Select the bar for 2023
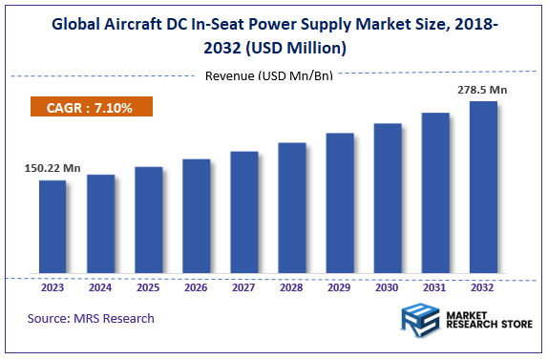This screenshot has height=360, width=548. click(x=53, y=227)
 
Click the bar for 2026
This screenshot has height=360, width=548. click(x=196, y=217)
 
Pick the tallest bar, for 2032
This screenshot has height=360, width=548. click(x=483, y=188)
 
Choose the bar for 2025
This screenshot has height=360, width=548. click(x=148, y=221)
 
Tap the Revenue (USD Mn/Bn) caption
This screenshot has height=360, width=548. click(x=268, y=75)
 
